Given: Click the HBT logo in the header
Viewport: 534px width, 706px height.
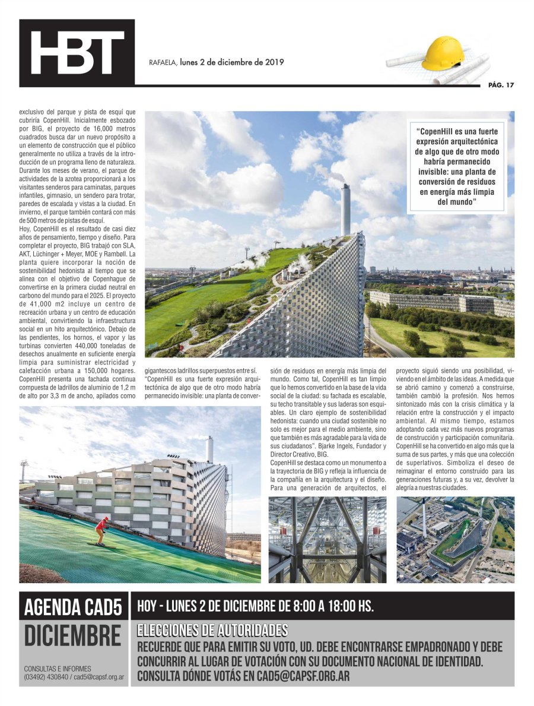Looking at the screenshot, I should coord(77,52).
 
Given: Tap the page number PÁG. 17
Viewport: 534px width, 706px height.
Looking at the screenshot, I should coord(501,85).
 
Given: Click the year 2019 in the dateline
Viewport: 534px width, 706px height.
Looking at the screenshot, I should coord(274,62).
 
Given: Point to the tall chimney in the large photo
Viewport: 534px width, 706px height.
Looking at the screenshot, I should coord(345,209).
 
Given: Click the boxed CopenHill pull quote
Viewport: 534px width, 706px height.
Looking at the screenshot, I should coord(456,168).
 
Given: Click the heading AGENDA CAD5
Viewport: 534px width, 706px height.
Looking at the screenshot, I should coord(73,607).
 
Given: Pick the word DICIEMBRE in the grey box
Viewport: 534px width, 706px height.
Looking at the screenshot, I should coord(72,636).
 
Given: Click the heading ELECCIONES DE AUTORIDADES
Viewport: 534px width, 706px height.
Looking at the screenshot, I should coord(212,631).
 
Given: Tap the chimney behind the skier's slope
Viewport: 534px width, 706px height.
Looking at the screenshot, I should coord(209,449).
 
